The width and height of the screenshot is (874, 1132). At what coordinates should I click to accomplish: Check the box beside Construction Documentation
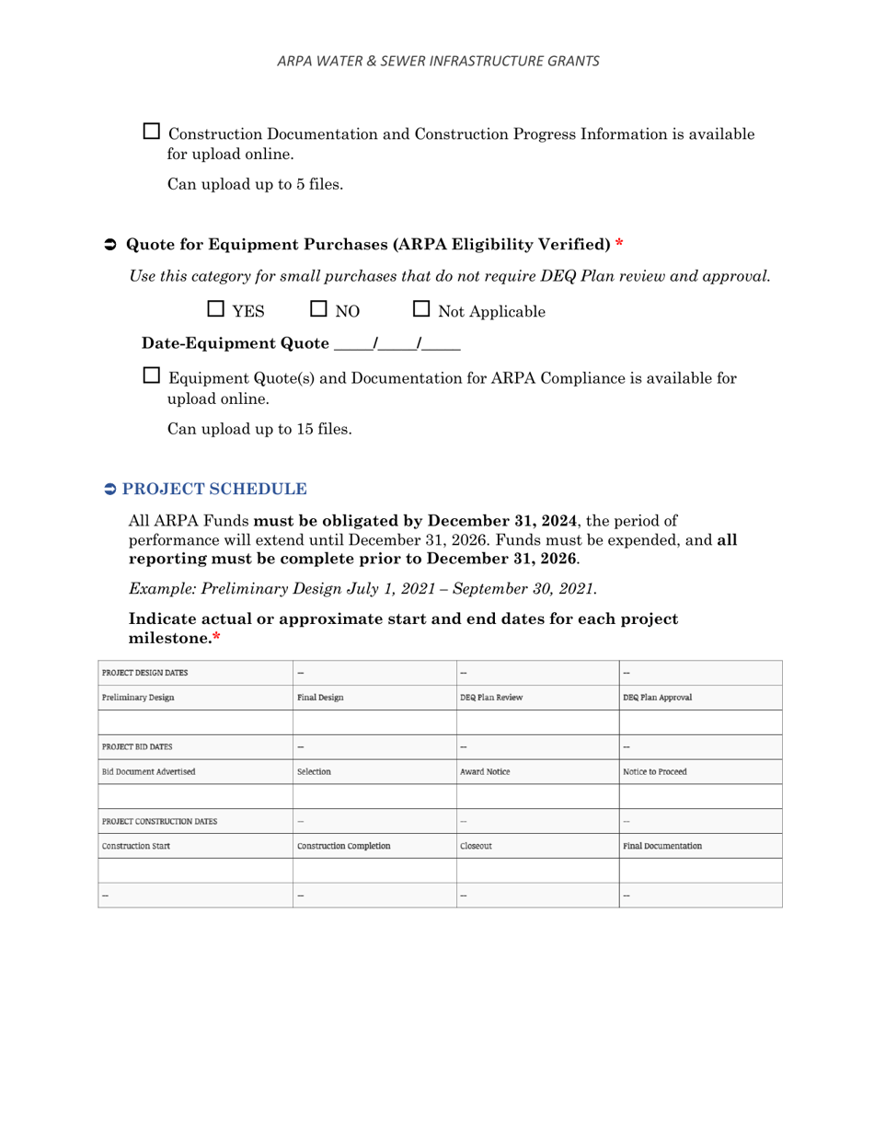pyautogui.click(x=153, y=132)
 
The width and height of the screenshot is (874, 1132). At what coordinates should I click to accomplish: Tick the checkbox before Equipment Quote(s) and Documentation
pyautogui.click(x=153, y=375)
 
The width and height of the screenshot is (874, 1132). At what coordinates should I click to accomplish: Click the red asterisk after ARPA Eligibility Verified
pyautogui.click(x=619, y=245)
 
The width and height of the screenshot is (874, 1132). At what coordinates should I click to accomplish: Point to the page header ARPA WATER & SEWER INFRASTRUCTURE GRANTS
pyautogui.click(x=438, y=61)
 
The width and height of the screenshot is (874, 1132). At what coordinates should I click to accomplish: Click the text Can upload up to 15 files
pyautogui.click(x=259, y=428)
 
